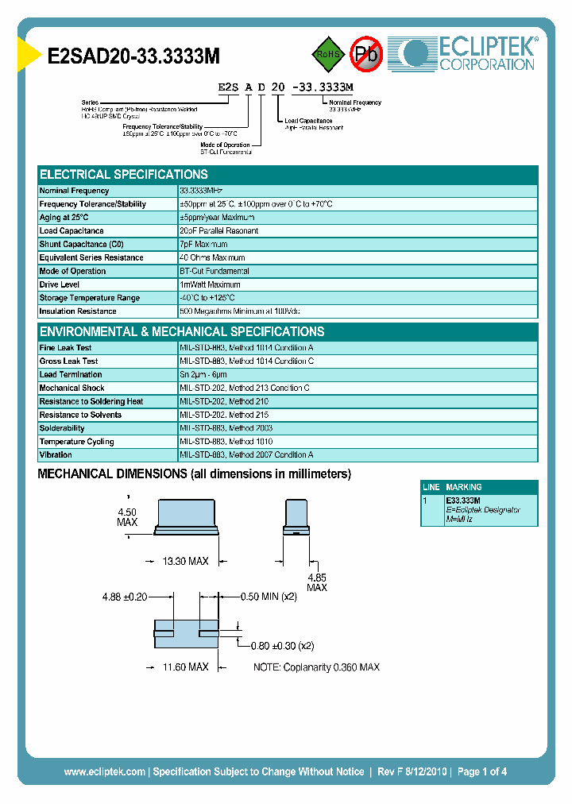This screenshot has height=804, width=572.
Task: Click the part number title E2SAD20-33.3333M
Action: pyautogui.click(x=133, y=56)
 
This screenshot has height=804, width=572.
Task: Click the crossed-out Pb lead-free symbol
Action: pyautogui.click(x=366, y=54)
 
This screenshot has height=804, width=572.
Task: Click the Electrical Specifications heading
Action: pyautogui.click(x=124, y=175)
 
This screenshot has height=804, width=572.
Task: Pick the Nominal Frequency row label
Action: pyautogui.click(x=75, y=191)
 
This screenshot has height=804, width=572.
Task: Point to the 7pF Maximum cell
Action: pyautogui.click(x=204, y=245)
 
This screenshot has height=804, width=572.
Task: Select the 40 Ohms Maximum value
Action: pyautogui.click(x=213, y=258)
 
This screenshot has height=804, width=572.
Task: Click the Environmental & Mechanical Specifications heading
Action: pyautogui.click(x=182, y=332)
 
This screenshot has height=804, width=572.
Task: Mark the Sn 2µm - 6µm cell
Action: pyautogui.click(x=203, y=375)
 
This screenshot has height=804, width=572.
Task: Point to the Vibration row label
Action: pyautogui.click(x=56, y=455)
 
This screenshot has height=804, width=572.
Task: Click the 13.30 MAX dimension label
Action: pyautogui.click(x=184, y=562)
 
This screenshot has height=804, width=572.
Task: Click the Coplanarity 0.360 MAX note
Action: pyautogui.click(x=316, y=667)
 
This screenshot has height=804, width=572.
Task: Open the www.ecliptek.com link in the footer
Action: pyautogui.click(x=104, y=771)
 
